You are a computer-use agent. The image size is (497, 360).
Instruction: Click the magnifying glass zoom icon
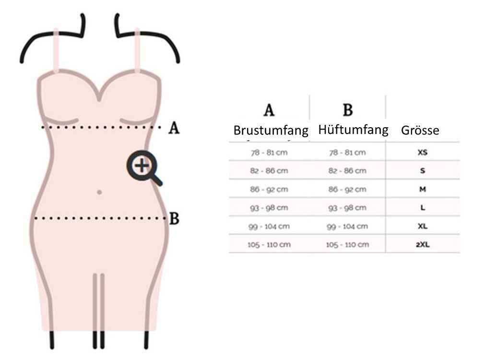point(143,167)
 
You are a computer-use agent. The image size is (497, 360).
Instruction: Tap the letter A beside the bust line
point(174,128)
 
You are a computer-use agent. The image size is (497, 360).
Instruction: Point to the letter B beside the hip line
point(174,218)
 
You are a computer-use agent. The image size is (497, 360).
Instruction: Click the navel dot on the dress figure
point(99,192)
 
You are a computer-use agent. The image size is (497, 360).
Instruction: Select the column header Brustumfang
point(271,131)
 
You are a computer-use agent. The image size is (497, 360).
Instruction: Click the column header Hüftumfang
point(353,130)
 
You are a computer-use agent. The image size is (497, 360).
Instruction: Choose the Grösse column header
point(420,131)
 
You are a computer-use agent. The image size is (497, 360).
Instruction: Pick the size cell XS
point(423,153)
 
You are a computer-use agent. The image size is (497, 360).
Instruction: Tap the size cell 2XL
point(423,244)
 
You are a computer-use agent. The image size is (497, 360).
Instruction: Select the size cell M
point(423,189)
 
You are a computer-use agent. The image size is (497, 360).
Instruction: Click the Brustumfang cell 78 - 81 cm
point(269,153)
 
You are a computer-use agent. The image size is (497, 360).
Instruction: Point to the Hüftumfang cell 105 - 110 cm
point(347,244)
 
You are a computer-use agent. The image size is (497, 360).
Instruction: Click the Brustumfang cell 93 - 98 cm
point(269,208)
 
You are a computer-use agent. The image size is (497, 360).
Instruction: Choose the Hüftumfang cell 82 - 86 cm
point(347,171)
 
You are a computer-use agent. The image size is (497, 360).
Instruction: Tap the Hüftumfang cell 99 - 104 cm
point(347,226)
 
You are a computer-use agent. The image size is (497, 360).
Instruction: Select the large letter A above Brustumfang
point(269,110)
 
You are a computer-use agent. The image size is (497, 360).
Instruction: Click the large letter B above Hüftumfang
point(348,110)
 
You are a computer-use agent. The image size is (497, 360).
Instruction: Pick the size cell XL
point(423,226)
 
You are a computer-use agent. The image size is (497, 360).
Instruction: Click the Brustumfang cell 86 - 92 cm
point(269,189)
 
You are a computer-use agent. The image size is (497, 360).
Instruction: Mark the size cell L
point(423,208)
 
